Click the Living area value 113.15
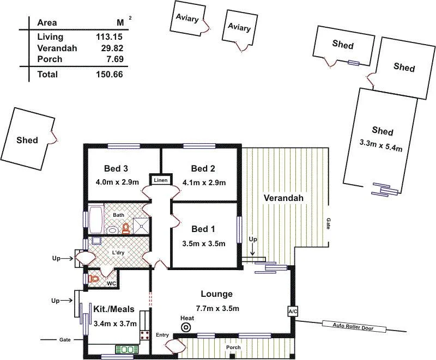click(109, 37)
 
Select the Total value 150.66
click(109, 75)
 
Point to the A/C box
click(292, 311)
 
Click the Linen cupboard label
click(160, 180)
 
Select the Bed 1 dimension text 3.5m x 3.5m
click(204, 243)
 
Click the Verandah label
click(283, 197)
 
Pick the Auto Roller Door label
click(354, 326)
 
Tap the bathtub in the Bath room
click(96, 219)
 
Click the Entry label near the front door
click(162, 334)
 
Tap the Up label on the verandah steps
click(252, 240)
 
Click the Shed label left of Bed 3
click(27, 140)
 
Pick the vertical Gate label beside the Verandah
click(328, 223)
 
